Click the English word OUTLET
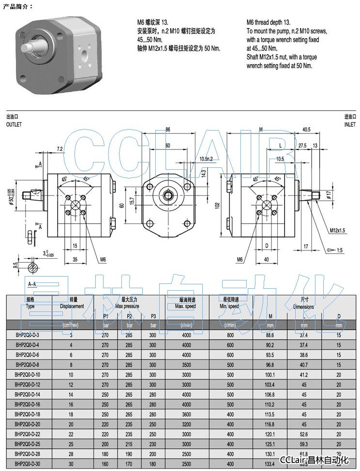click(x=14, y=124)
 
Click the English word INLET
click(x=349, y=124)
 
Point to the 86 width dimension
click(x=168, y=130)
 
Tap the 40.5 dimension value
click(x=305, y=130)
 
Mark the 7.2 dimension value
click(x=60, y=149)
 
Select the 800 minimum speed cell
click(x=230, y=335)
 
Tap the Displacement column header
click(x=72, y=306)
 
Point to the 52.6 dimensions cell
click(x=304, y=434)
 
